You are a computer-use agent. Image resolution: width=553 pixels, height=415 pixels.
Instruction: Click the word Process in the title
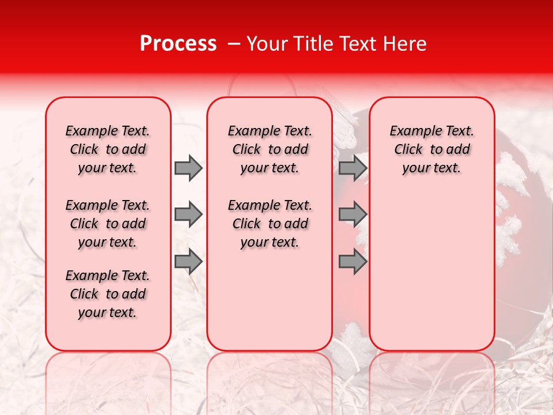pos(177,44)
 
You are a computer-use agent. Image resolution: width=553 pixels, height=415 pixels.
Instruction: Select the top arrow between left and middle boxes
pos(188,168)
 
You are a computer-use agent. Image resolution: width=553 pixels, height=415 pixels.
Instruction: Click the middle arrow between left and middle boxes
pos(188,214)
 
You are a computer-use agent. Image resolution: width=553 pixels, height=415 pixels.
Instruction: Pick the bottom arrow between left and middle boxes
pos(188,261)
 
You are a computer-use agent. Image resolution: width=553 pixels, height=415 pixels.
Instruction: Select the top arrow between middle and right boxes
pos(353,168)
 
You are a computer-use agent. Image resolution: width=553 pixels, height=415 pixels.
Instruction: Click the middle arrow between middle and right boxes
pos(353,214)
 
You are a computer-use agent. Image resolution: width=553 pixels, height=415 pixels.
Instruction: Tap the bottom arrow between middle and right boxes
pos(353,261)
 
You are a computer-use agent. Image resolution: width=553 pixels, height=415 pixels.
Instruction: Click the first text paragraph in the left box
pos(108,149)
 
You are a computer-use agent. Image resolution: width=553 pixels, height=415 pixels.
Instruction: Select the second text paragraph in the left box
pos(108,224)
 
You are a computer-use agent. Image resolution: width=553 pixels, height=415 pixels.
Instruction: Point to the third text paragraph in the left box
pos(108,294)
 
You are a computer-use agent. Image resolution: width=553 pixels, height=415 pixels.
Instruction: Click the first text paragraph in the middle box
pos(270,149)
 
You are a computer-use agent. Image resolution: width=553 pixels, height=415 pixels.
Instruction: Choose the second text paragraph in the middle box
pos(270,224)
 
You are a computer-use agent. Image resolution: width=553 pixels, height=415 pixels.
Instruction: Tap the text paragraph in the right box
pos(431,149)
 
